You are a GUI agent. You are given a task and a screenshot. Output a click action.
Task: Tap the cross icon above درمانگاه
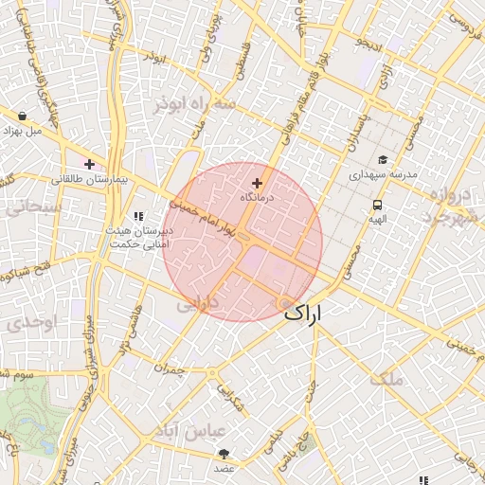(257, 182)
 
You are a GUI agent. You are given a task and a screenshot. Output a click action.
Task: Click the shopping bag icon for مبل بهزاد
(21, 117)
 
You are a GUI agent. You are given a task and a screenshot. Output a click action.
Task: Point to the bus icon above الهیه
(378, 206)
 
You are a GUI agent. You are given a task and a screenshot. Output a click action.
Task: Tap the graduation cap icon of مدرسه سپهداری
(383, 160)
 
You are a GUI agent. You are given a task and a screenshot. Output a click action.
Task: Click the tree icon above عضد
(224, 454)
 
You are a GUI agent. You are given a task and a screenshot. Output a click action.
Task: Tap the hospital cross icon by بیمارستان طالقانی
(90, 164)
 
